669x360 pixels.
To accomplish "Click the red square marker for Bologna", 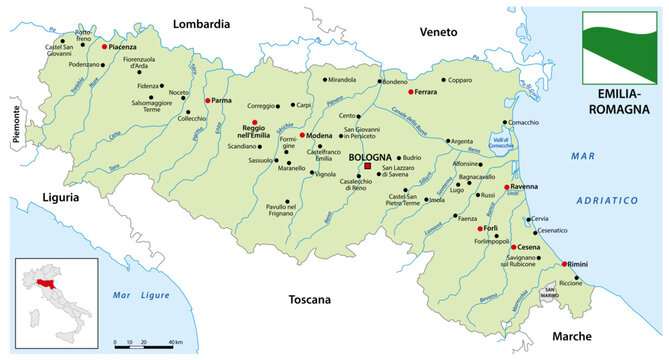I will (x=367, y=166).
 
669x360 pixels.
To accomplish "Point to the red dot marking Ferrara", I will (x=411, y=92).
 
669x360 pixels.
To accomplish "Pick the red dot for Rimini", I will (x=566, y=264).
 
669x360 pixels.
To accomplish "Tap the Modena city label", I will (x=321, y=135).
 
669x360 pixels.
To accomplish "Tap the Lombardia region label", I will (x=203, y=22).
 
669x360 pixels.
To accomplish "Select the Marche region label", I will (x=570, y=335).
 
